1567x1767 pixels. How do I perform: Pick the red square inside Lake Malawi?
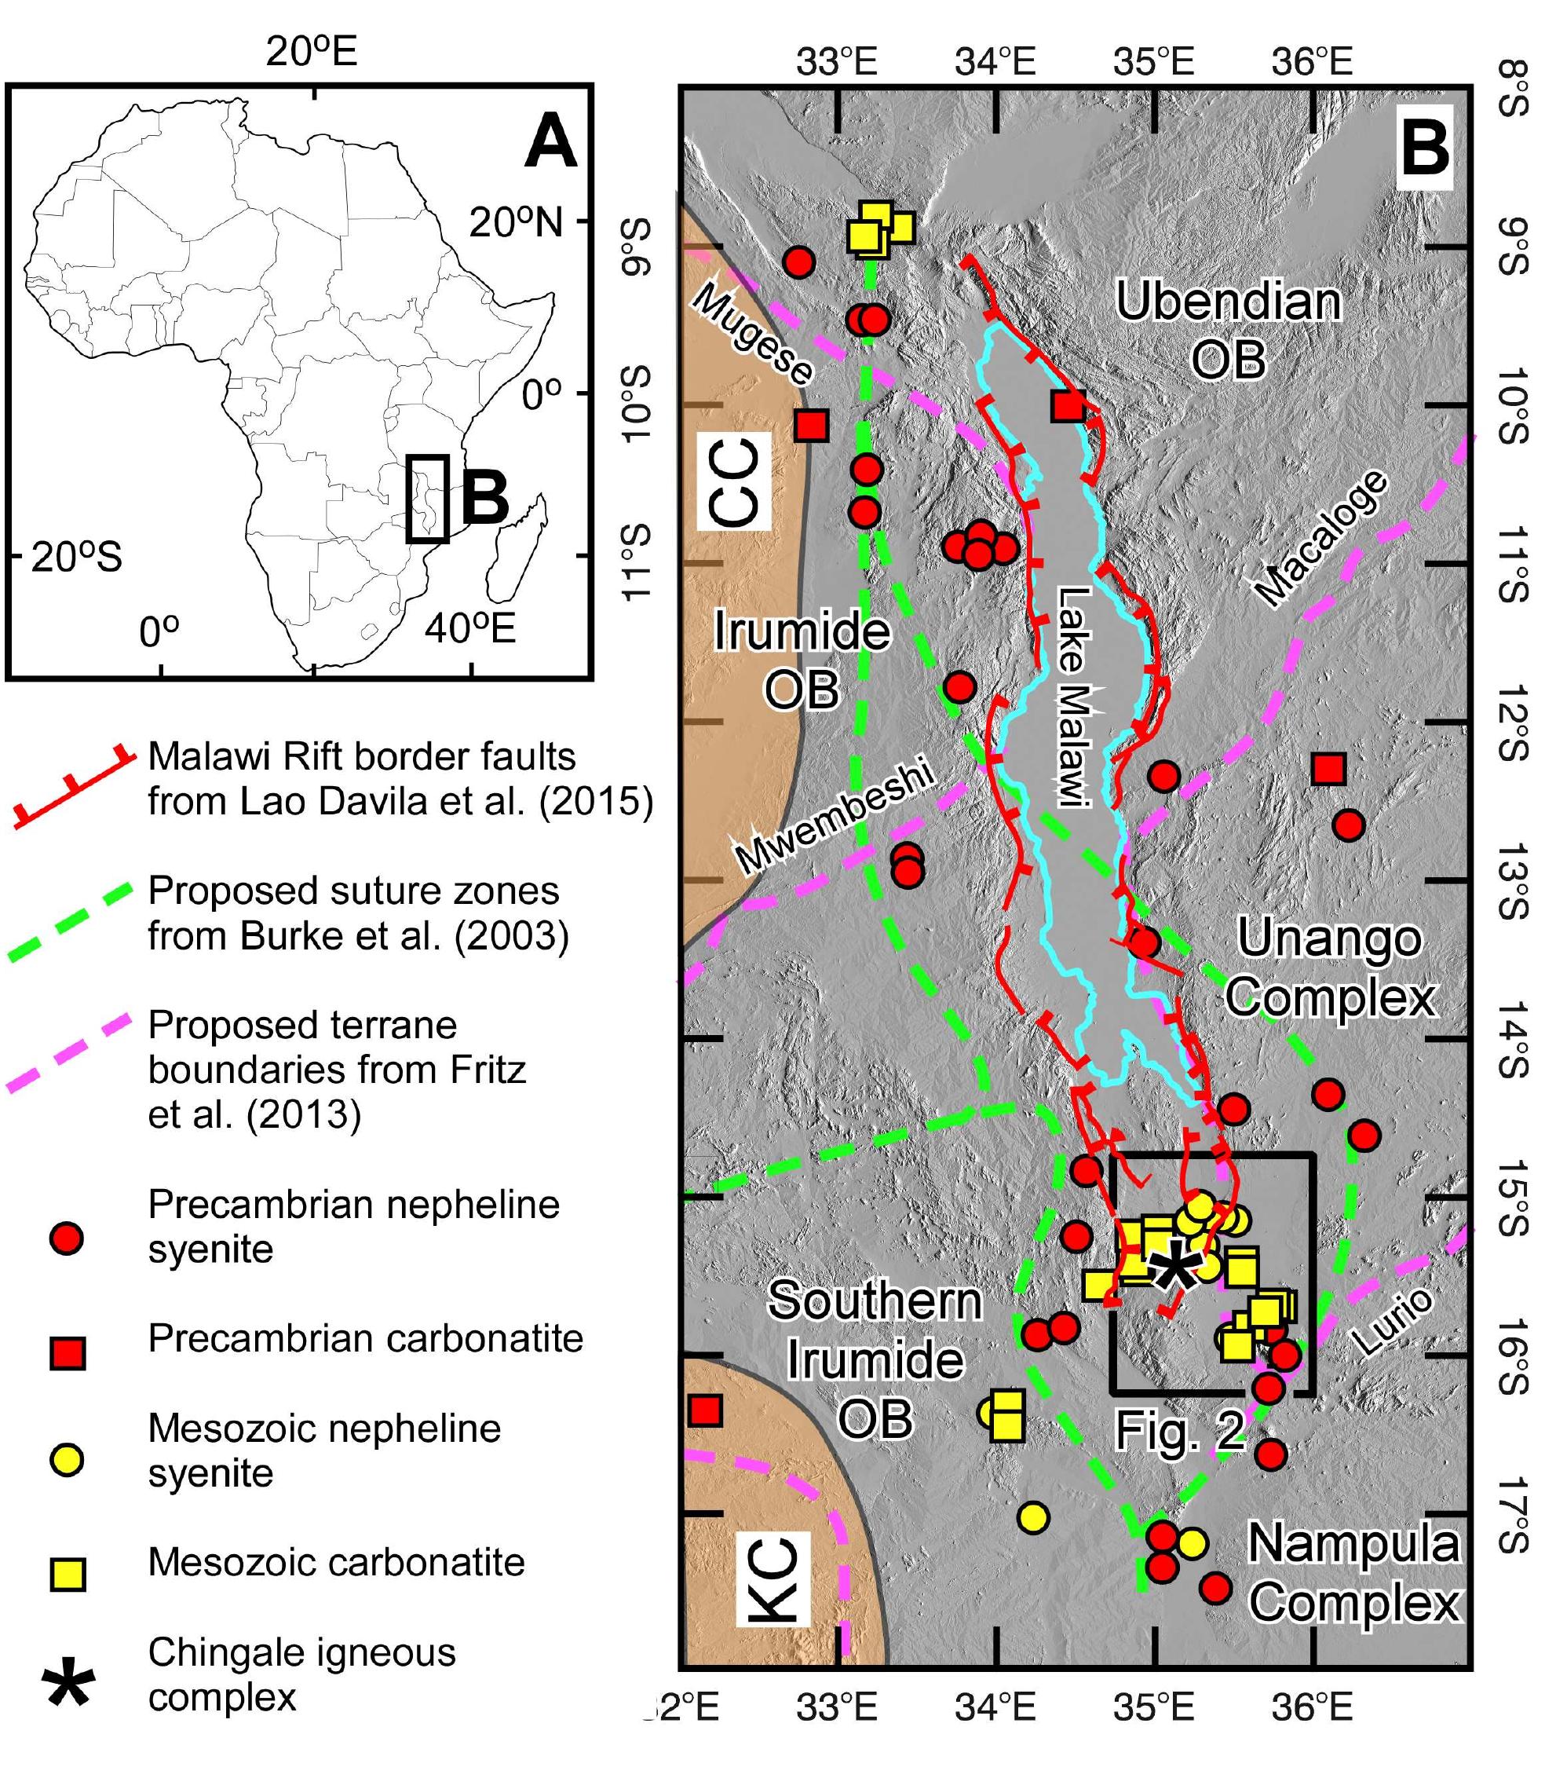1069,405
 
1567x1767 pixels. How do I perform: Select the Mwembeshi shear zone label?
835,816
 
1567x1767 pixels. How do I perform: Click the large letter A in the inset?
550,144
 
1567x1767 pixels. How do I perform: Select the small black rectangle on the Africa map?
428,499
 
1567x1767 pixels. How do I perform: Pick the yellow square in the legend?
67,1575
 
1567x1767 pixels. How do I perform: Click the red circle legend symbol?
67,1238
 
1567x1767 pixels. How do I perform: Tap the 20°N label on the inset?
515,223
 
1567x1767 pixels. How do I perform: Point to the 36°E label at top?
1312,61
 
